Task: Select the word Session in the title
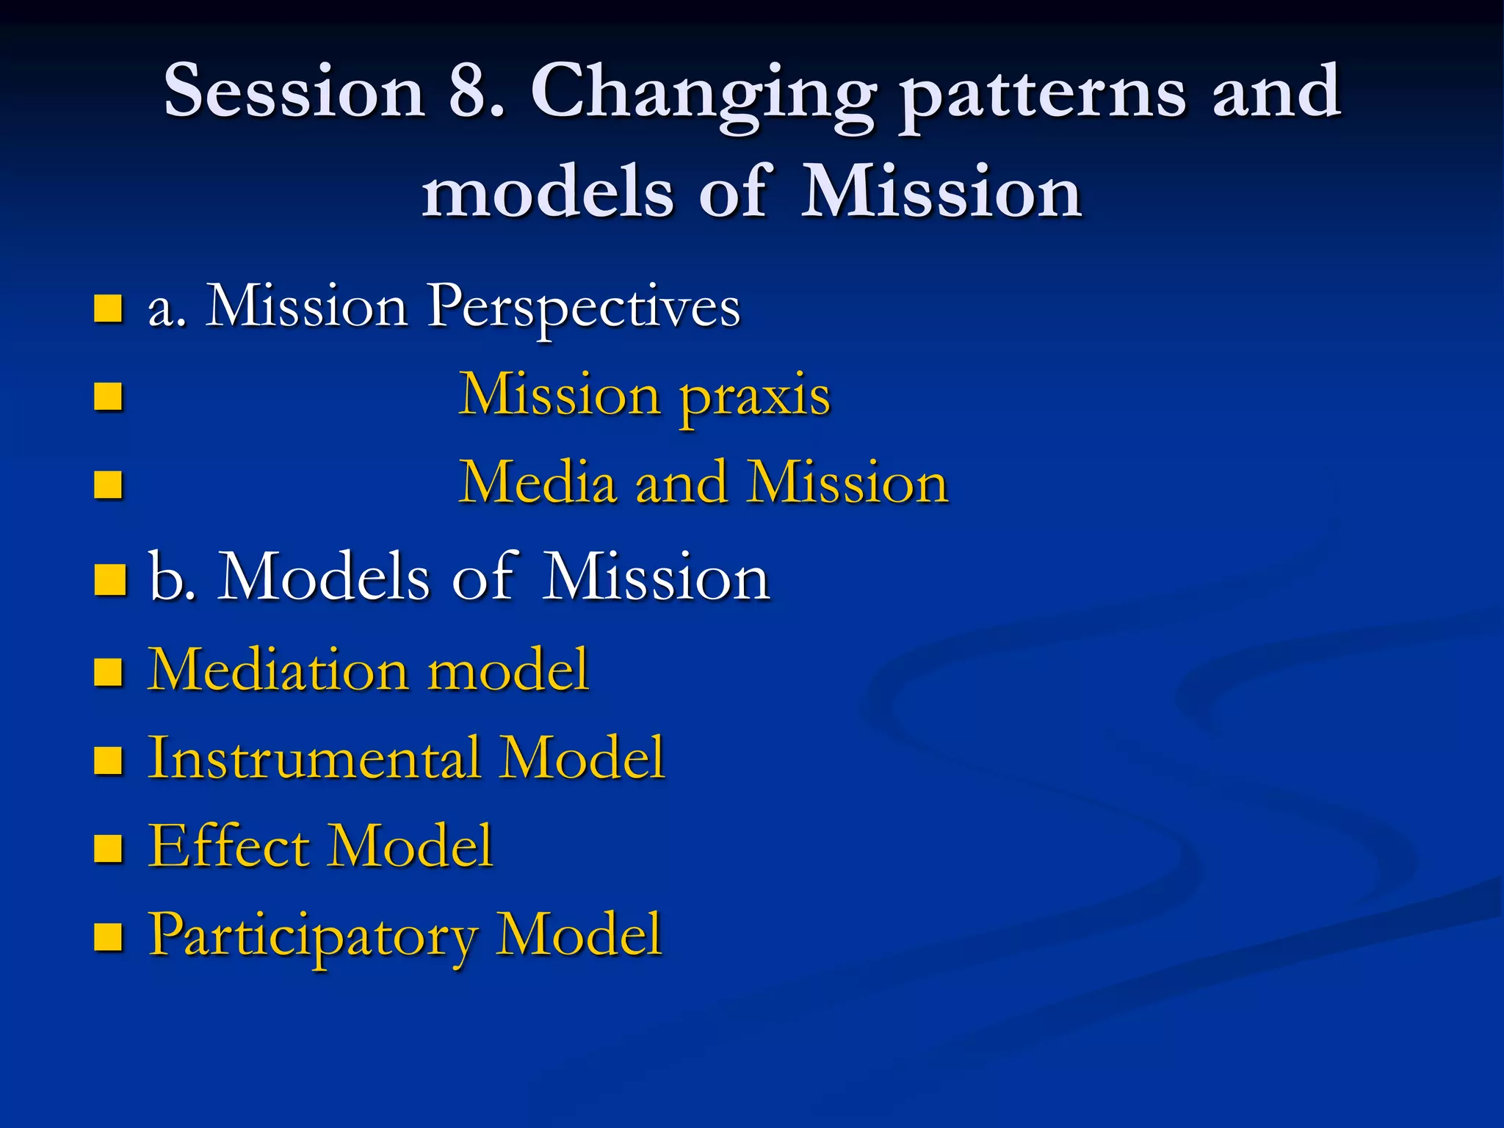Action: point(294,91)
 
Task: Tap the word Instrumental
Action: point(314,757)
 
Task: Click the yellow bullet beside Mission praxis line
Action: point(108,397)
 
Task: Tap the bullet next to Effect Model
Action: point(108,848)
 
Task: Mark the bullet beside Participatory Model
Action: point(108,937)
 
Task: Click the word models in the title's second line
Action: point(546,192)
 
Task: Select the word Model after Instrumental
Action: point(582,757)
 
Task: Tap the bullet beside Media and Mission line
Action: point(108,485)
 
